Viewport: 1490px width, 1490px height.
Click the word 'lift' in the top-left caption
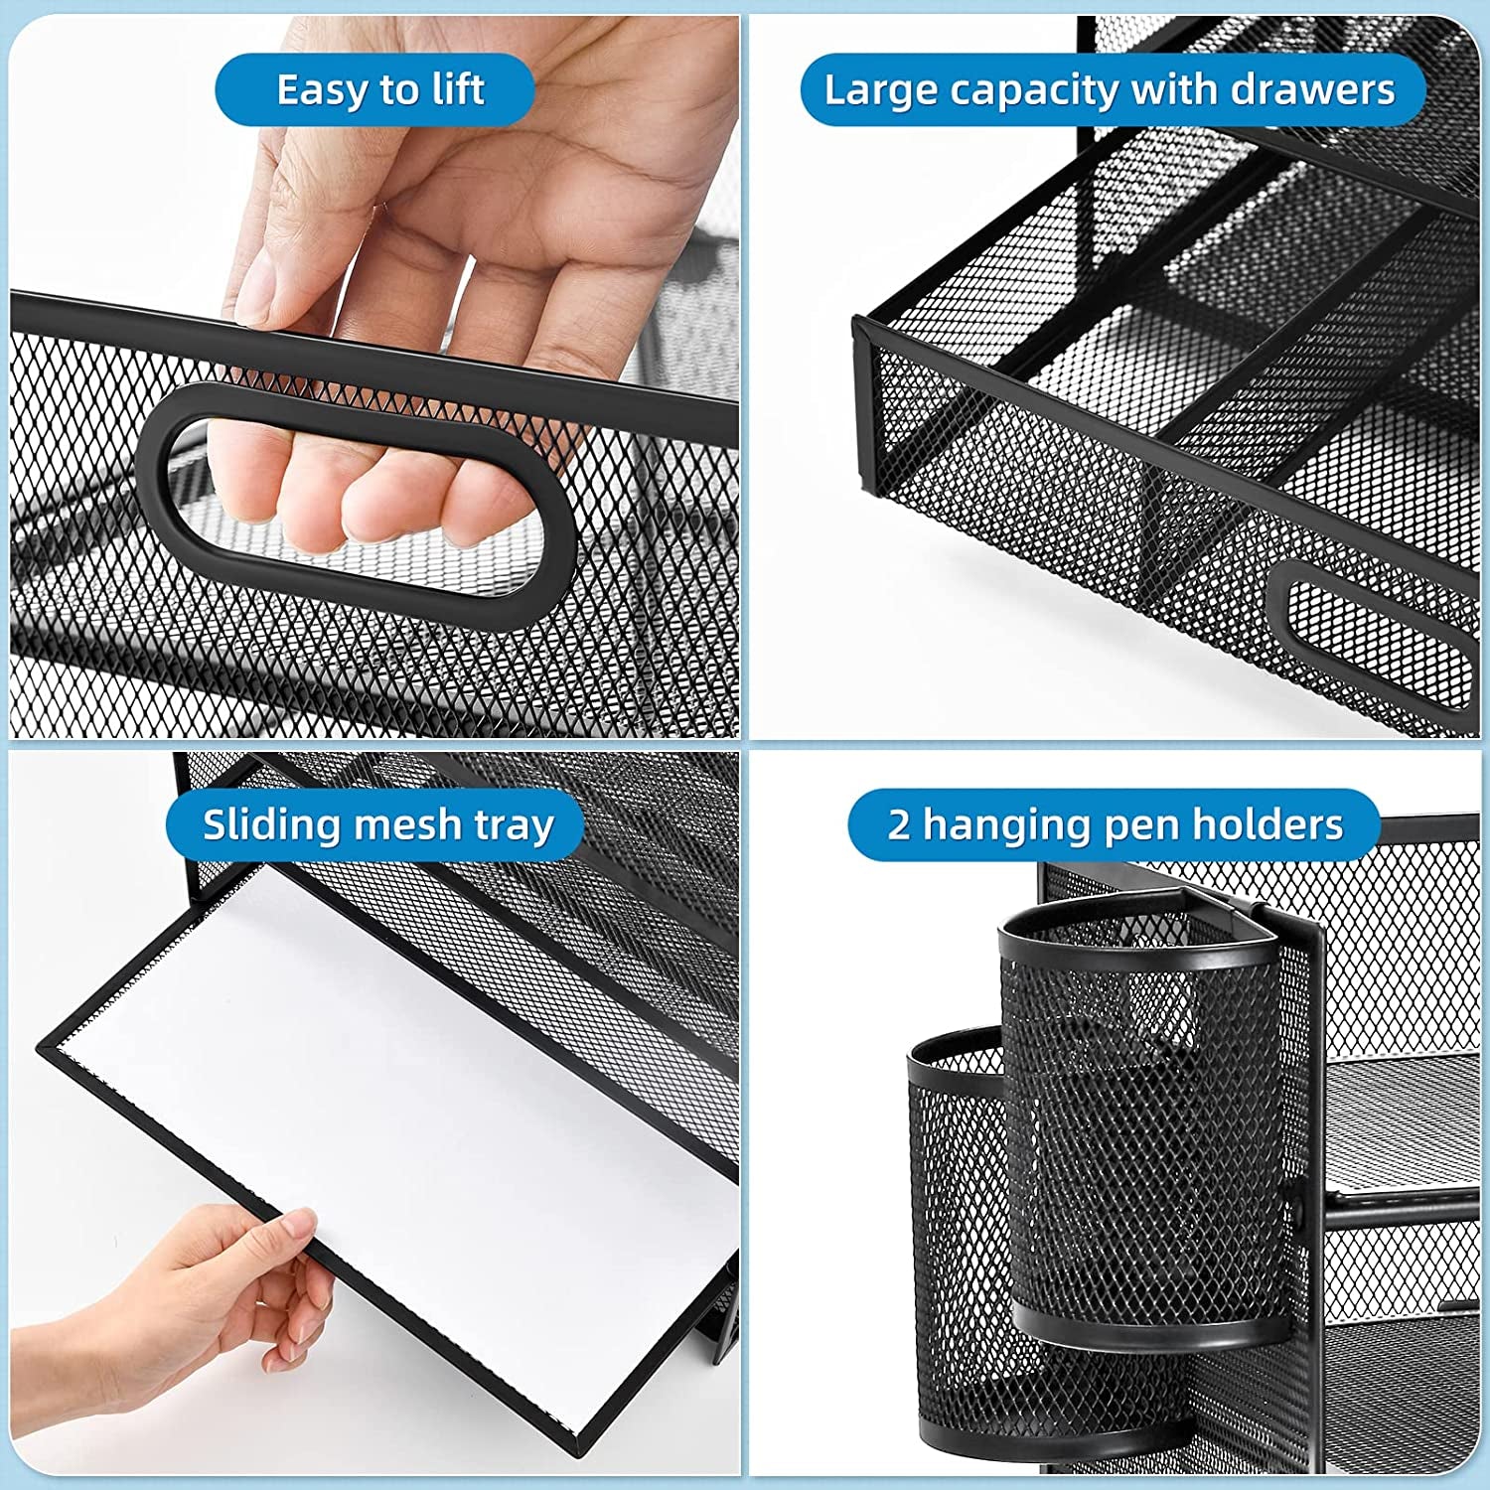[x=458, y=90]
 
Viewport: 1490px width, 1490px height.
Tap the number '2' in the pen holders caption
[x=898, y=825]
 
